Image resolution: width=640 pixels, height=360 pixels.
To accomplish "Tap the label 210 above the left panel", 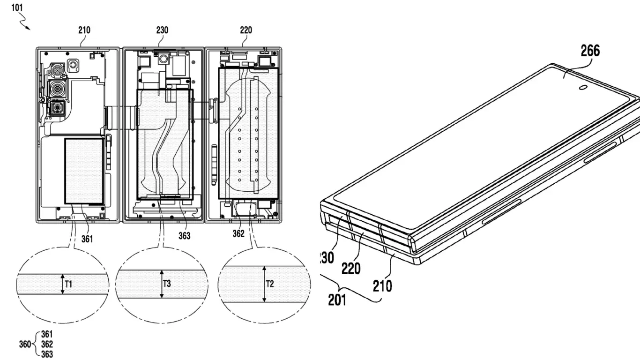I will (x=84, y=30).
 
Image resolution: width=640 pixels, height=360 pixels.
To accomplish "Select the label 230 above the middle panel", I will (x=162, y=30).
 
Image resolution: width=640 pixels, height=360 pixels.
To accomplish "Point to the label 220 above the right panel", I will (x=246, y=30).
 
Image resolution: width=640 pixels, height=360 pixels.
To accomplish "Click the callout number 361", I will (x=87, y=239).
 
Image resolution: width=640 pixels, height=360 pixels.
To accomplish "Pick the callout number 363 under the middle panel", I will (x=185, y=236).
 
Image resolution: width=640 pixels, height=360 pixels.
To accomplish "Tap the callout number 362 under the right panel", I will (x=238, y=233).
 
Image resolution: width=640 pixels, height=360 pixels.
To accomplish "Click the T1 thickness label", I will (x=68, y=284).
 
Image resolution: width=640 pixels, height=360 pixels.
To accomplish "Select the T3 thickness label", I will (x=167, y=284).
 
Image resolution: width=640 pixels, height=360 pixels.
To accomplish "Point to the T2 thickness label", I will (x=270, y=284).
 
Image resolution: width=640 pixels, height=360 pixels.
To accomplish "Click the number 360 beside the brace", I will (x=25, y=345).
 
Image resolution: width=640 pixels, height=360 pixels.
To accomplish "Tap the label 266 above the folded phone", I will (x=590, y=51).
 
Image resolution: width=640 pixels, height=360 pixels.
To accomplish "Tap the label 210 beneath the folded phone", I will (x=382, y=285).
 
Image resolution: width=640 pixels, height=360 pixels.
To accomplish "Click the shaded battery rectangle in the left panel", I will (x=84, y=171).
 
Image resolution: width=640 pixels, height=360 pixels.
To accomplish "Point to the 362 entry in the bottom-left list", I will (x=47, y=345).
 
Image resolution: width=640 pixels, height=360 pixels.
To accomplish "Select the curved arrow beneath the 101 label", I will (x=24, y=22).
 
